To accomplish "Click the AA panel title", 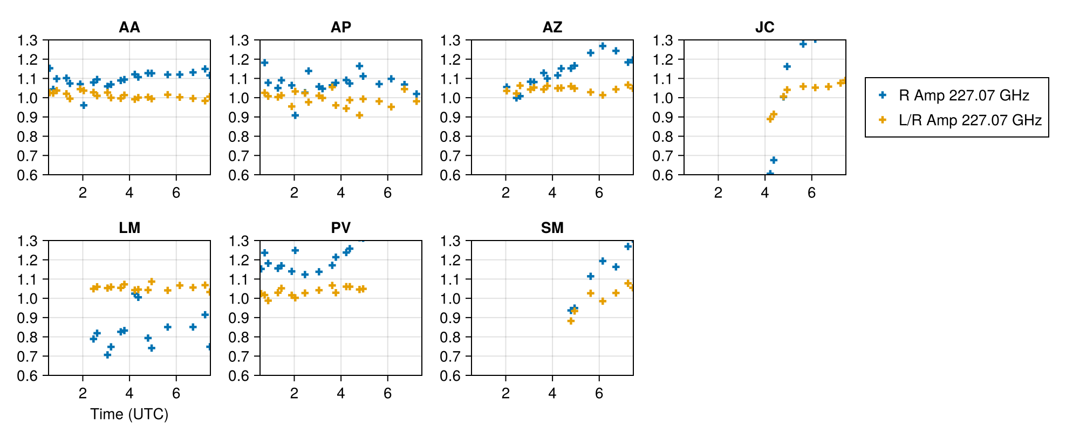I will pos(129,27).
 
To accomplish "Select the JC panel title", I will pos(764,27).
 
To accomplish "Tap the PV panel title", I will pos(340,228).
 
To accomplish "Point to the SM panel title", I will pos(552,228).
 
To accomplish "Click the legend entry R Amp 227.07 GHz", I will pos(963,95).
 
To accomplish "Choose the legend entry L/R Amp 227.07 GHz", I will pos(969,120).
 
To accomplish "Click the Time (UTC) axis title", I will pos(129,414).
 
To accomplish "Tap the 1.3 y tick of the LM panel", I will pos(28,241).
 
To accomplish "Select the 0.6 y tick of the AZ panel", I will pos(450,175).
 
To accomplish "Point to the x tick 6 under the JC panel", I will pos(811,193).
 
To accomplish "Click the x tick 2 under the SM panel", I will pos(505,394).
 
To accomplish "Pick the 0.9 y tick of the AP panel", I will pos(239,117).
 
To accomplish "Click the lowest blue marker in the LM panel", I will pos(107,355).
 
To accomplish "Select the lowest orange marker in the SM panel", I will pos(571,321).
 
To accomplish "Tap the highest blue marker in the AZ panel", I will pos(603,46).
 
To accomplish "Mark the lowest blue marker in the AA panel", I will pos(84,105).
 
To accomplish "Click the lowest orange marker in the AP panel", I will pos(359,115).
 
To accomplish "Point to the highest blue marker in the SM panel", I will pos(628,246).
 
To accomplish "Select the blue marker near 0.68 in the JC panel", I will pos(774,160).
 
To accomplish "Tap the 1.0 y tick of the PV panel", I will pos(239,298).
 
